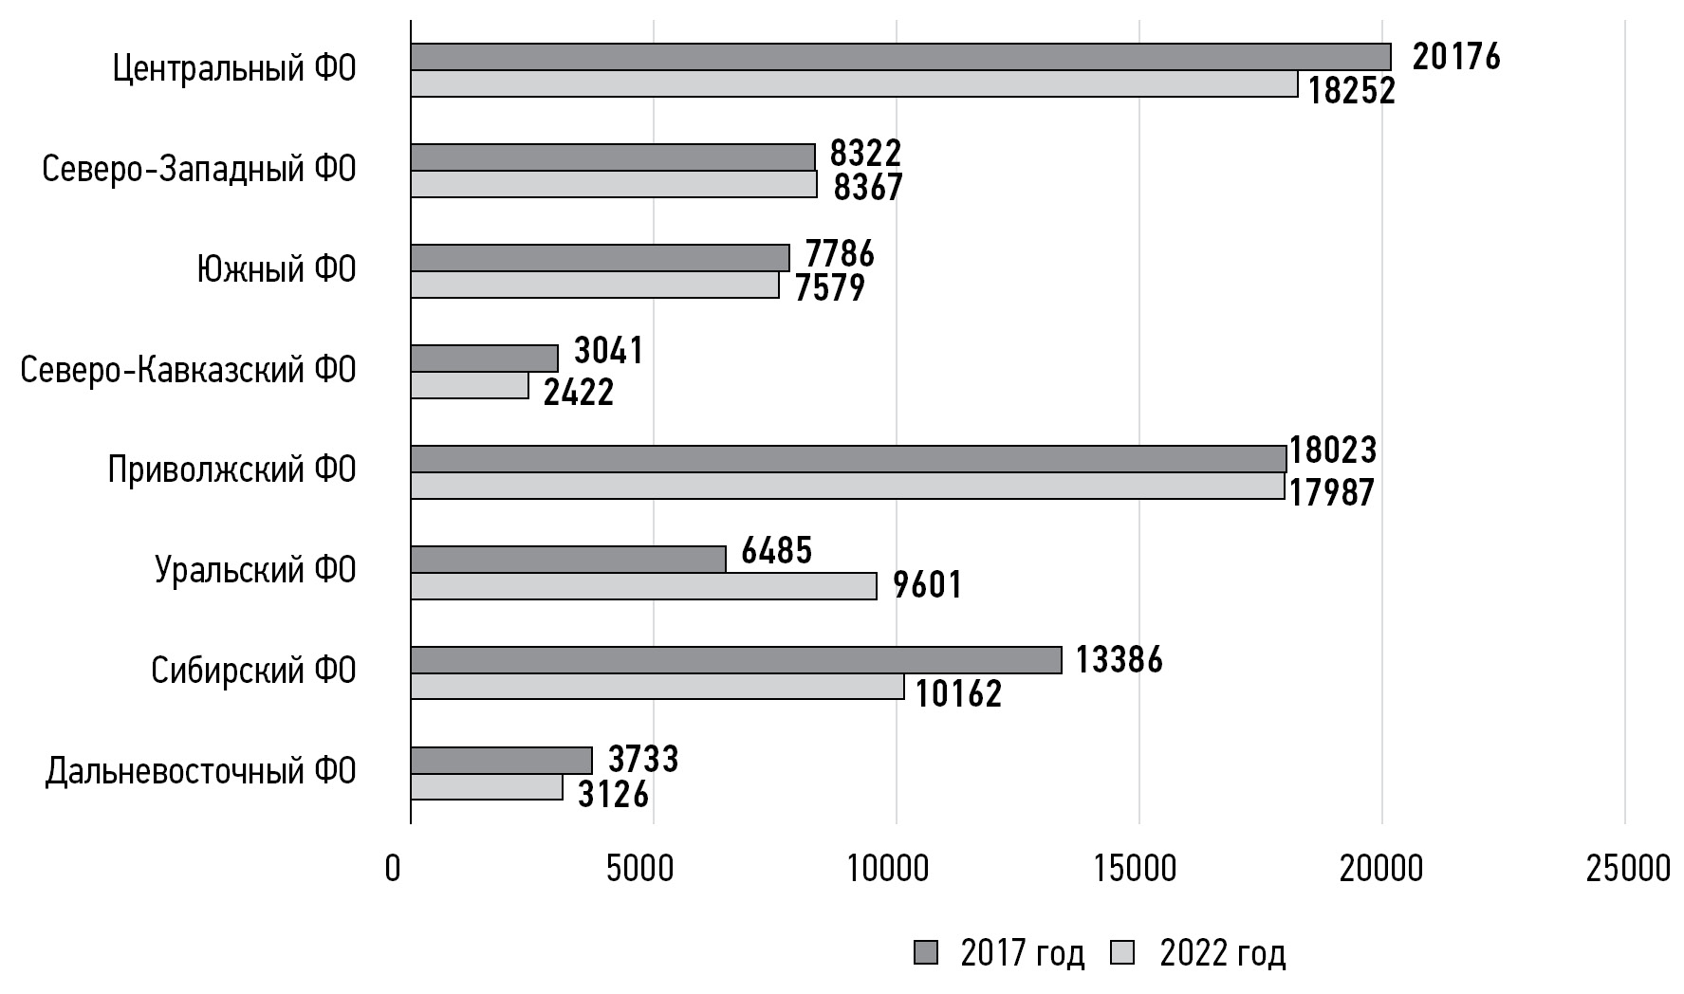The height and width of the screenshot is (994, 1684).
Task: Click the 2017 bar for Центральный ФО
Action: (900, 57)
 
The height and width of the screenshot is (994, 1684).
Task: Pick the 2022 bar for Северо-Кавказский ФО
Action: (470, 385)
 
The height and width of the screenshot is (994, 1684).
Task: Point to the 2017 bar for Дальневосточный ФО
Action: (501, 761)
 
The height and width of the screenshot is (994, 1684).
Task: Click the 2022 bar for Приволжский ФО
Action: (847, 486)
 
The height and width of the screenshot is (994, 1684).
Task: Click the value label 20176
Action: (1456, 57)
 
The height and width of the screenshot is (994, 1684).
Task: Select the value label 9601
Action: (928, 585)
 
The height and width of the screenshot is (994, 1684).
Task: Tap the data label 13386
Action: (1119, 659)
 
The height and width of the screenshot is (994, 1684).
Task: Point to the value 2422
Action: (579, 392)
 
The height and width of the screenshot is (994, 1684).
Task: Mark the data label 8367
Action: (868, 188)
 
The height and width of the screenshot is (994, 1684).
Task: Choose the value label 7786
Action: (840, 254)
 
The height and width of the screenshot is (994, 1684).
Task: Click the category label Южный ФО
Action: (276, 269)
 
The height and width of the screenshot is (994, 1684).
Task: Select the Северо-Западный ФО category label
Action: (199, 169)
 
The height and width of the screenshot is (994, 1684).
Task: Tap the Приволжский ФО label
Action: (231, 469)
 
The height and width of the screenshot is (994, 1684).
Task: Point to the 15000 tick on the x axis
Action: (1138, 868)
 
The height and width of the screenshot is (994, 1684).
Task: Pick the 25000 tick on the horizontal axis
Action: (1626, 868)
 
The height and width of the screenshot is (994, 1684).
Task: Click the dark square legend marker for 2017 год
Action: (925, 953)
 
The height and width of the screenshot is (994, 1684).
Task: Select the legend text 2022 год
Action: (1222, 953)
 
